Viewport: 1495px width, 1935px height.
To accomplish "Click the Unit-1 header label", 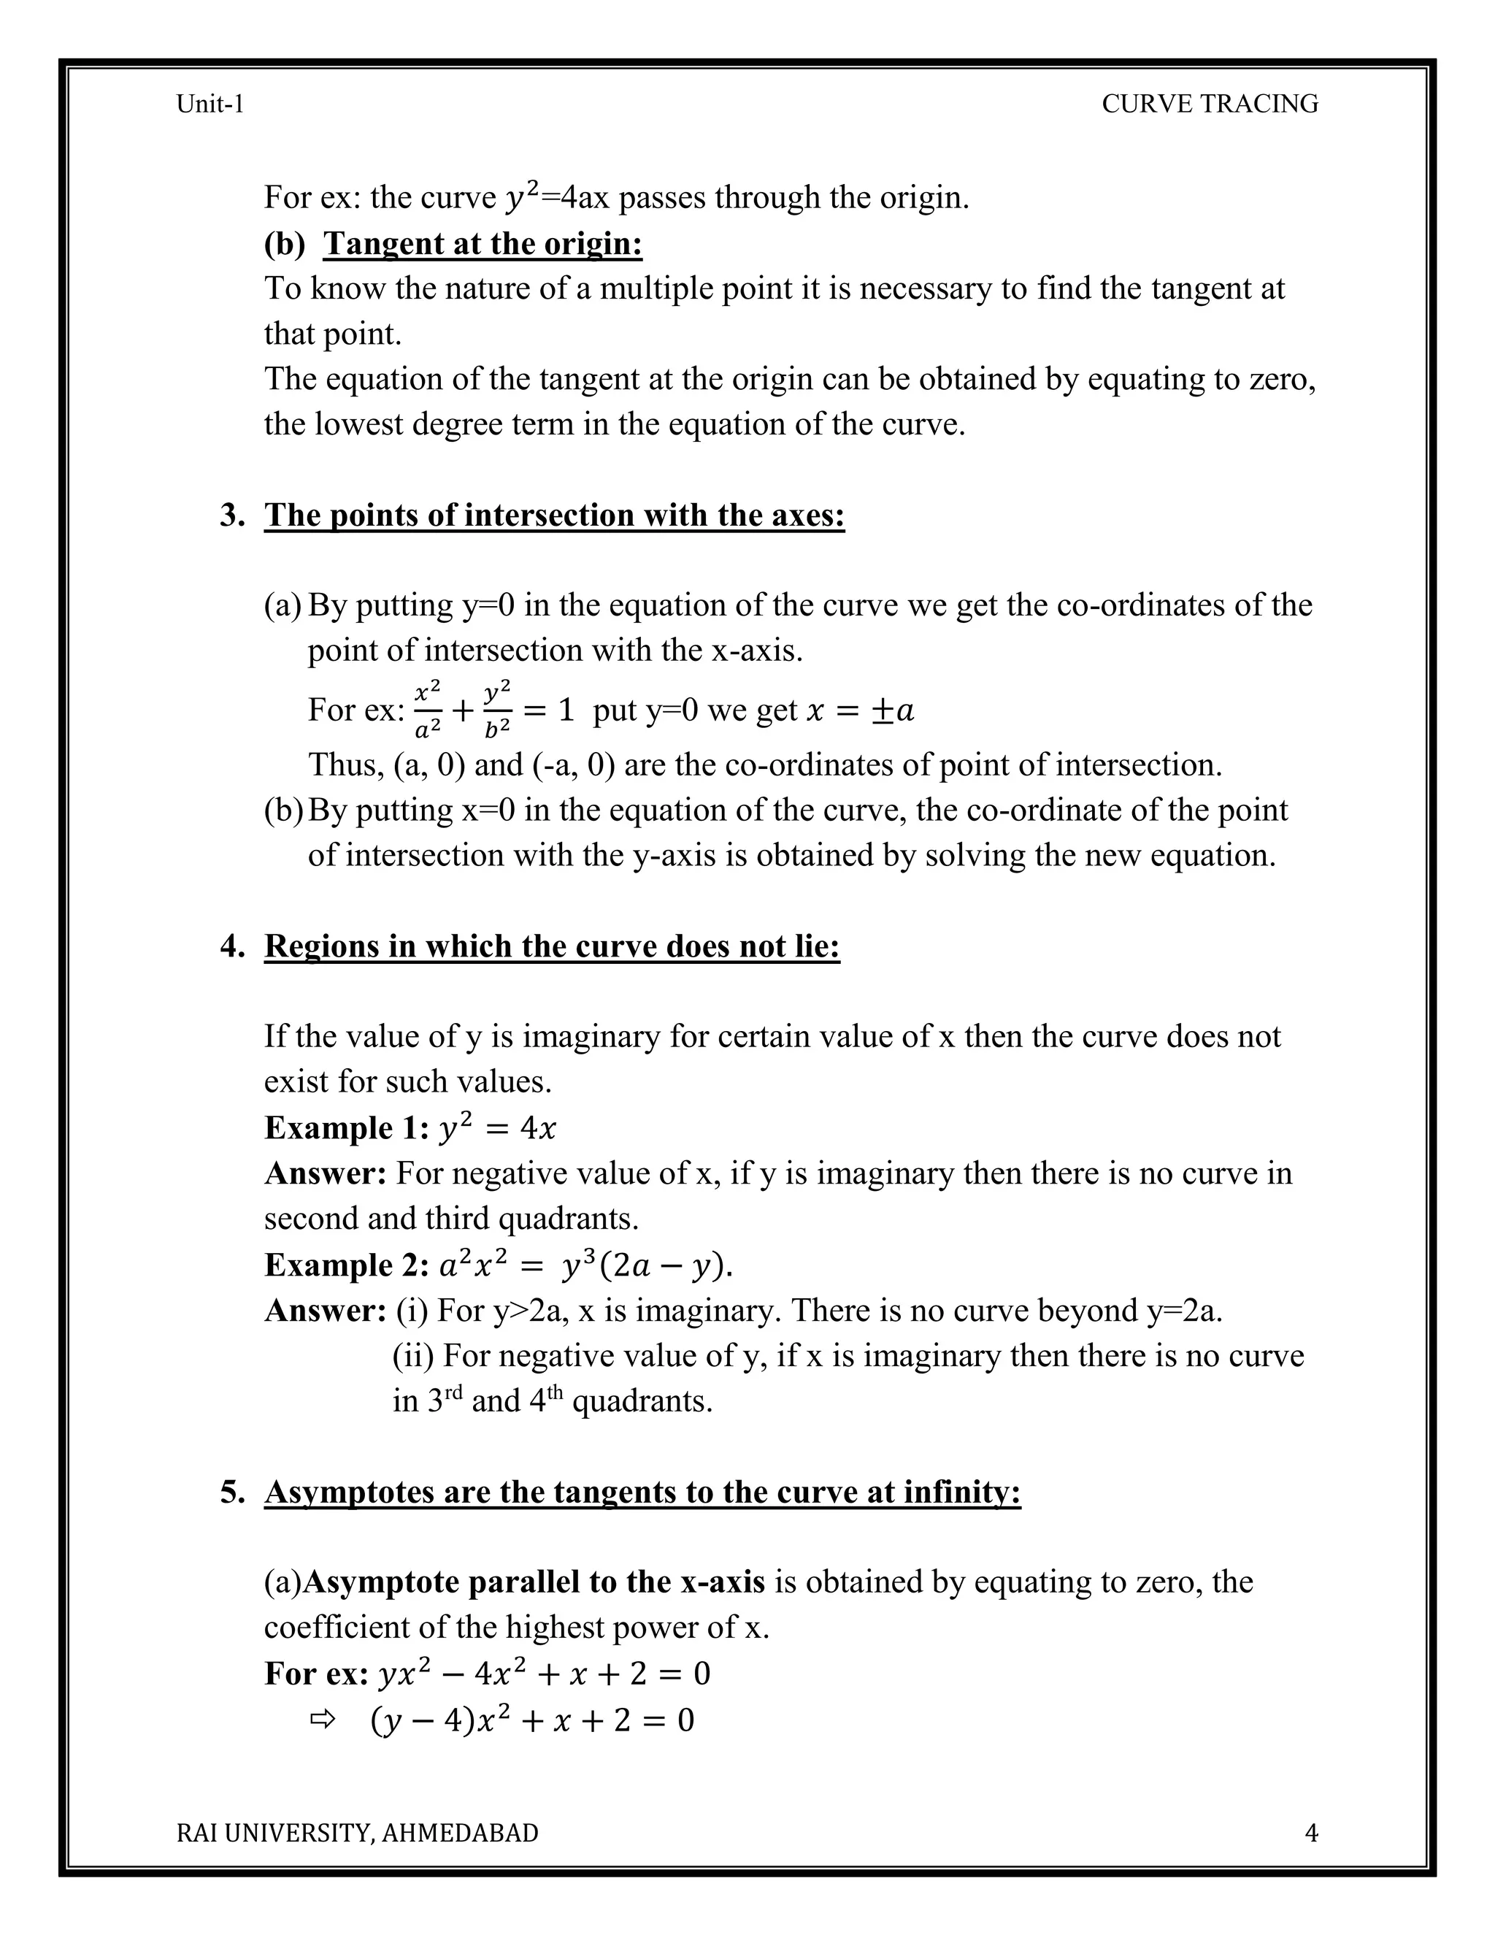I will coord(210,104).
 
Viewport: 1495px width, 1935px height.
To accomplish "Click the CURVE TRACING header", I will coord(1209,104).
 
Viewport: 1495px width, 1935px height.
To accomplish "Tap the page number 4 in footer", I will coord(1312,1832).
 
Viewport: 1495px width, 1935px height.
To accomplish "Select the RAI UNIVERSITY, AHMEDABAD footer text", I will coord(357,1832).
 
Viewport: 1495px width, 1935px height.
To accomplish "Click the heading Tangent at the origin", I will coord(483,244).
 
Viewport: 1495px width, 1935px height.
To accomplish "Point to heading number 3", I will coord(232,515).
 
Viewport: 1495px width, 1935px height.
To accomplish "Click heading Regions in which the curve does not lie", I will coord(552,946).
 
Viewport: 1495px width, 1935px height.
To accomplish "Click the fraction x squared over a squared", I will coord(428,709).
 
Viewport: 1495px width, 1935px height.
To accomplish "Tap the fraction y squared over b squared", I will coord(498,709).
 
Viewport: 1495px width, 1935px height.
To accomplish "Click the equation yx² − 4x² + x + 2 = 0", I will coord(544,1674).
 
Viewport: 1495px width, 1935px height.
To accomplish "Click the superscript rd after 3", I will coord(453,1392).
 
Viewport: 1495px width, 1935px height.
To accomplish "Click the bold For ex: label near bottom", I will coord(316,1674).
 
